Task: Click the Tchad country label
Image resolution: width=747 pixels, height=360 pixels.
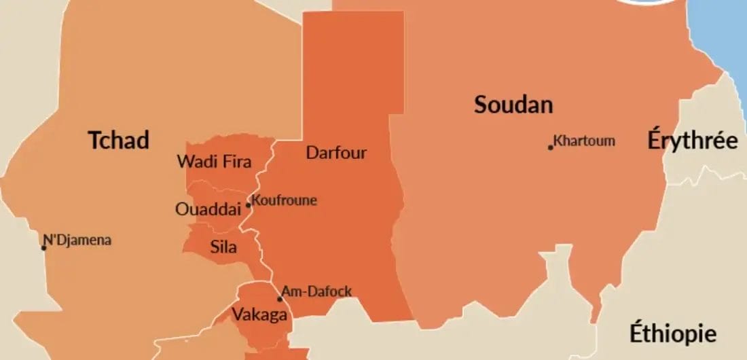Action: [118, 141]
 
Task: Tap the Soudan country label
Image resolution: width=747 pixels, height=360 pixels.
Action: [513, 105]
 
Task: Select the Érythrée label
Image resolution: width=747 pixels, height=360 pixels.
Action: [692, 141]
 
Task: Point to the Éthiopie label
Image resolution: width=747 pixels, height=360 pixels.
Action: [672, 334]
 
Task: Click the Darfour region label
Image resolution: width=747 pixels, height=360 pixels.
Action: [336, 152]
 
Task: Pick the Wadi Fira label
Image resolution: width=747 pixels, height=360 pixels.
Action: [214, 162]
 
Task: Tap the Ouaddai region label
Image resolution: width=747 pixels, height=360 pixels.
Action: [208, 209]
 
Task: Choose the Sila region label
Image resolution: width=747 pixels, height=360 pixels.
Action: [223, 247]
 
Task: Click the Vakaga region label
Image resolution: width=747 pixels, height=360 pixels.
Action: [259, 315]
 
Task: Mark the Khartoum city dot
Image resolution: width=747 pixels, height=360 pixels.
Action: [551, 147]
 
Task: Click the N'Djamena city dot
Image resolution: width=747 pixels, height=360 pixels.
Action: [44, 247]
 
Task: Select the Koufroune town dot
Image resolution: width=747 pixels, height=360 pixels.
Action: [249, 205]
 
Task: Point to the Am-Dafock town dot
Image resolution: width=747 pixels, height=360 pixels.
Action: [279, 299]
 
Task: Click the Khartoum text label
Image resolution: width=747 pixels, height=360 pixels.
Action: [584, 141]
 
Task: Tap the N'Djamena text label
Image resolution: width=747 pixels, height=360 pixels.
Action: [77, 240]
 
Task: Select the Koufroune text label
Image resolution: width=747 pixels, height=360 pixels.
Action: [284, 200]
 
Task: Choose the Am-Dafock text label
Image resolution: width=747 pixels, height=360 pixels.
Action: [317, 292]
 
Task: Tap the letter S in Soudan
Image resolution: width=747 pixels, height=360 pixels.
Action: [481, 105]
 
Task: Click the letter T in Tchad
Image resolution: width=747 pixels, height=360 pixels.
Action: [94, 141]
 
